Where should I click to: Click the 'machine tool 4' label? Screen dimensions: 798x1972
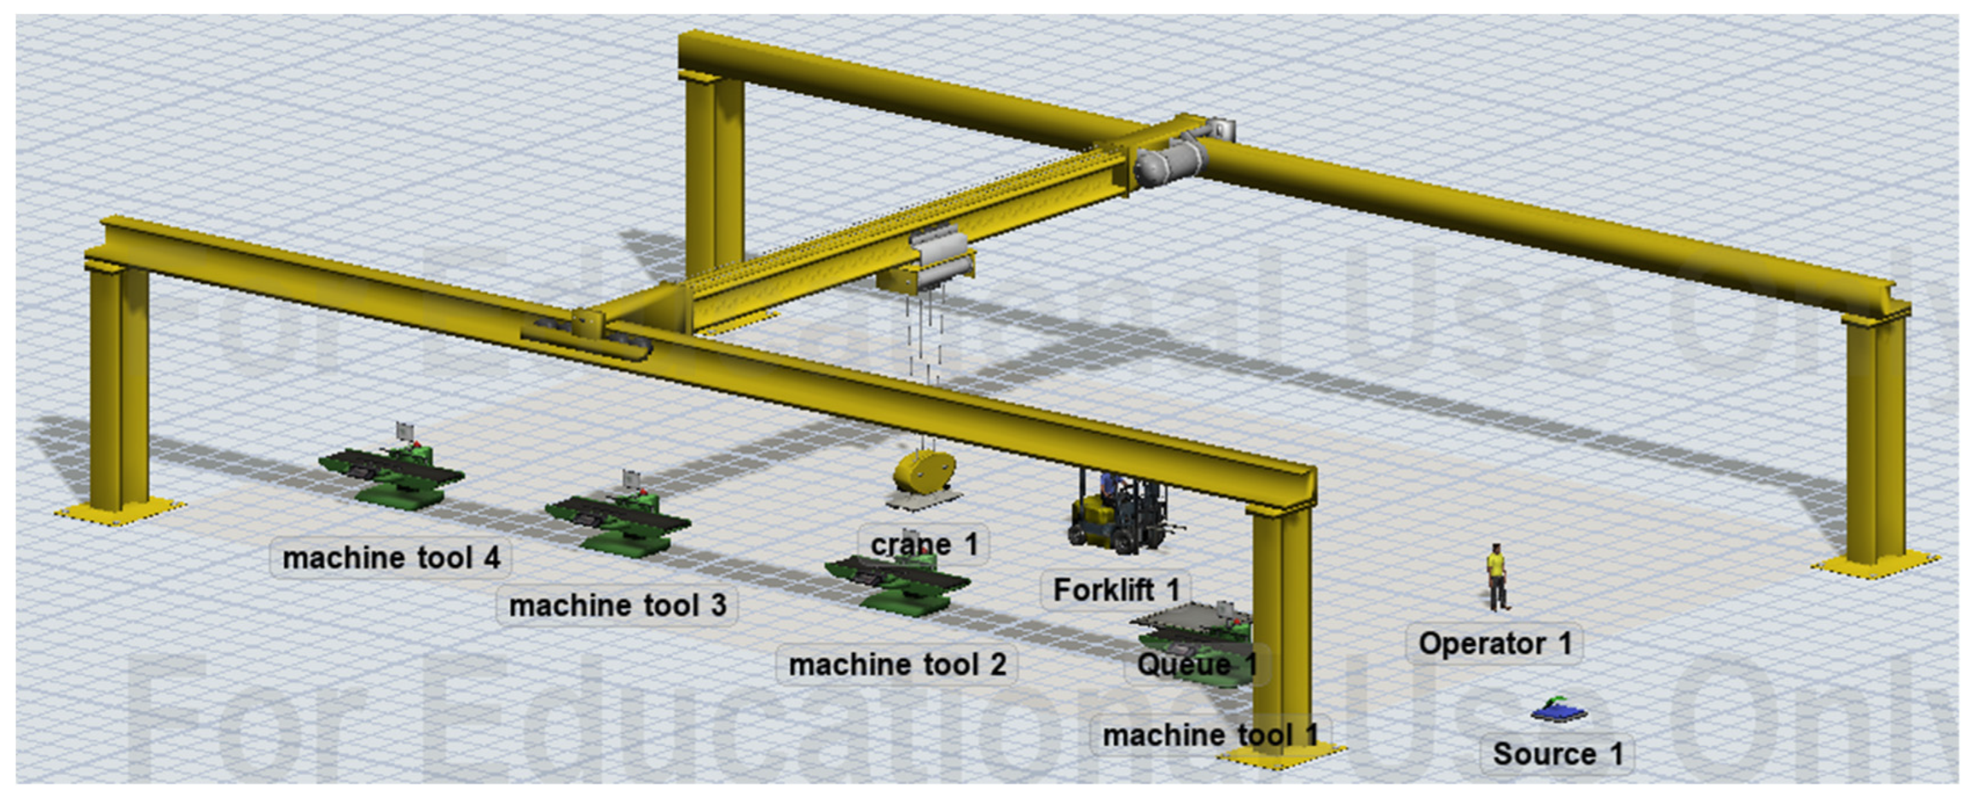coord(391,558)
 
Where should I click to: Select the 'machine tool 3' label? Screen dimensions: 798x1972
coord(617,605)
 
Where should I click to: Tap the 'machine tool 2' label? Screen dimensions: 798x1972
coord(897,664)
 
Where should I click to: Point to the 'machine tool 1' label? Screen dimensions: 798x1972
coord(1209,735)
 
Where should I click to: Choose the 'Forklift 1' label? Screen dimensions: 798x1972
coord(1115,590)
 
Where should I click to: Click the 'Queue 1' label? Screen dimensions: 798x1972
coord(1196,664)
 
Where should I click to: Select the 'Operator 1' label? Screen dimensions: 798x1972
coord(1494,643)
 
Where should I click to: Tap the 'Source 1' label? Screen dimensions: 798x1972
coord(1557,754)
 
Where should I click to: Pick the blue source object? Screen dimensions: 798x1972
coord(1559,712)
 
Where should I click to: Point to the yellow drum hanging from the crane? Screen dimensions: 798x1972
coord(925,473)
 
